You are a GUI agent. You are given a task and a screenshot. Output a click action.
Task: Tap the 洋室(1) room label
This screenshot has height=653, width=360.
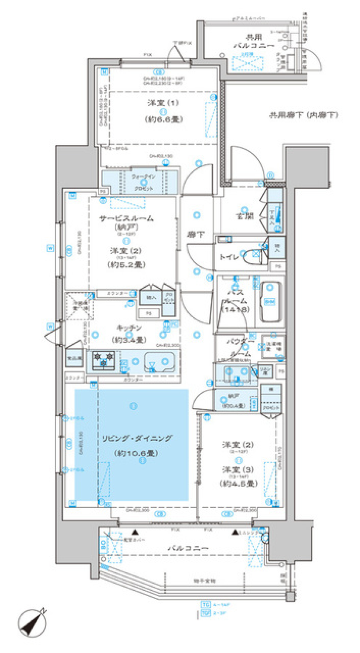point(163,103)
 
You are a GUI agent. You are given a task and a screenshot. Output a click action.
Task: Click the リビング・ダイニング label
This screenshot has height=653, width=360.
point(137,438)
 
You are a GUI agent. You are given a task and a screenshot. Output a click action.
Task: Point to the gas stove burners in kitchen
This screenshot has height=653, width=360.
point(103,359)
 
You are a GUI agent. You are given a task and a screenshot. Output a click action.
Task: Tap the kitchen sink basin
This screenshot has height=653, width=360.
point(159,362)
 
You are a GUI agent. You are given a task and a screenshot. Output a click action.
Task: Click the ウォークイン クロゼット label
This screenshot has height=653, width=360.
point(144,182)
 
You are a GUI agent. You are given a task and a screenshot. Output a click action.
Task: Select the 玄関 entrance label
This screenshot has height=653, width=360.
point(244,216)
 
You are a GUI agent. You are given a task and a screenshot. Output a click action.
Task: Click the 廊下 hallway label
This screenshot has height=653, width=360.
point(196,235)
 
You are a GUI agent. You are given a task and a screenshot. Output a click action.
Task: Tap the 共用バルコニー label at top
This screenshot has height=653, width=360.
point(254,41)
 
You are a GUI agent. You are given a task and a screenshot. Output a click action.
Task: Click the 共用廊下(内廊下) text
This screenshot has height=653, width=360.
point(303,115)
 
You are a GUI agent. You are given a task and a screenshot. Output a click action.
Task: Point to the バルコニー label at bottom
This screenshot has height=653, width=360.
point(188,548)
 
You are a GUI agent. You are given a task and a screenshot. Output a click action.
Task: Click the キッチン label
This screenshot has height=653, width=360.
point(129,328)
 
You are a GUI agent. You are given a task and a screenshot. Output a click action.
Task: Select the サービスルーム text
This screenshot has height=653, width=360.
point(126,218)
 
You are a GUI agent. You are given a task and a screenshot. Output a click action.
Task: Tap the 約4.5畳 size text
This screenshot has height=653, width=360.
point(238,483)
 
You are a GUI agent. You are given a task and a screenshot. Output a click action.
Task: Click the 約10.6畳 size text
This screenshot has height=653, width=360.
point(136,453)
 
